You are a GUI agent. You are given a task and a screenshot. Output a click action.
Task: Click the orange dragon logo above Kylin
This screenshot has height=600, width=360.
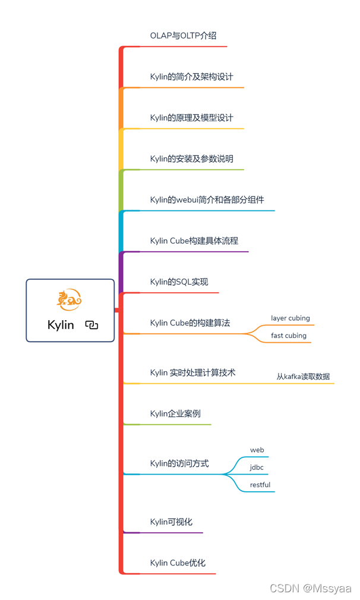(x=69, y=301)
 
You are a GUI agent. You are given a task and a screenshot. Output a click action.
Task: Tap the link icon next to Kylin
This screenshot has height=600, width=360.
(x=91, y=325)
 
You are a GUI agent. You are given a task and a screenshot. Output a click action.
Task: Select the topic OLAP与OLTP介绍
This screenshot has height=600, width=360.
(x=183, y=36)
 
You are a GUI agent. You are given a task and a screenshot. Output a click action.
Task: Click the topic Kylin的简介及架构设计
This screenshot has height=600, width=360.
(x=191, y=77)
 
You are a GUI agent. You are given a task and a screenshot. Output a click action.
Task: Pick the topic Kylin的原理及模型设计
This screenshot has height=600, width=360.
(x=191, y=118)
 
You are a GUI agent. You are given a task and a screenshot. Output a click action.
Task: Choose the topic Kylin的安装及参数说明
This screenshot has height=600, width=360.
(x=191, y=159)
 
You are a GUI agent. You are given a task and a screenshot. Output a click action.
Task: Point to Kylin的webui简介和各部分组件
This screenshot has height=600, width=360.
(x=207, y=200)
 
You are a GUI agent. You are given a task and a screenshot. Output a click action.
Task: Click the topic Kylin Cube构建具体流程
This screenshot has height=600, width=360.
(x=194, y=241)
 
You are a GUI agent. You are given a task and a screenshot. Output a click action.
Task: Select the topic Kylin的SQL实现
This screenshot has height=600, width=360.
(x=179, y=282)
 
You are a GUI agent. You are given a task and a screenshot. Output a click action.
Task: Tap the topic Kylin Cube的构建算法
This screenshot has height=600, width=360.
(x=190, y=323)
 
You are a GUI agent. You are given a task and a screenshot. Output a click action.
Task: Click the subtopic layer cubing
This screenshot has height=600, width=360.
(x=290, y=318)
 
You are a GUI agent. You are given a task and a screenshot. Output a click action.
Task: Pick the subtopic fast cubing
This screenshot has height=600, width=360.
(x=289, y=336)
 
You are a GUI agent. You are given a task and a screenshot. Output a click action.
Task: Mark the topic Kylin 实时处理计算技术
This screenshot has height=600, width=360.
(x=192, y=372)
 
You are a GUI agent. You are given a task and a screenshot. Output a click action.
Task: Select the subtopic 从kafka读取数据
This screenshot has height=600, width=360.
(x=303, y=377)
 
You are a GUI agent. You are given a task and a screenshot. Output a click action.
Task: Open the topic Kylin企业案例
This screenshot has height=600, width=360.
(x=175, y=413)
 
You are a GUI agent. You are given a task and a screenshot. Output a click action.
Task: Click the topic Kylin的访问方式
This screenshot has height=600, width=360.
(x=179, y=463)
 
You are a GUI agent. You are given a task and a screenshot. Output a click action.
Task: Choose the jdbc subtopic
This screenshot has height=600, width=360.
(x=257, y=468)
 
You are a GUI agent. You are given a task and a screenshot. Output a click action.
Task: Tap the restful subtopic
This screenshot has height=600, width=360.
(x=260, y=485)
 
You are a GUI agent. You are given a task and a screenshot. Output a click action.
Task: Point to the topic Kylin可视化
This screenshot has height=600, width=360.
(x=171, y=522)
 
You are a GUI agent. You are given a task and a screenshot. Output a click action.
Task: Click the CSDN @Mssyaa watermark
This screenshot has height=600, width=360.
(x=310, y=588)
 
